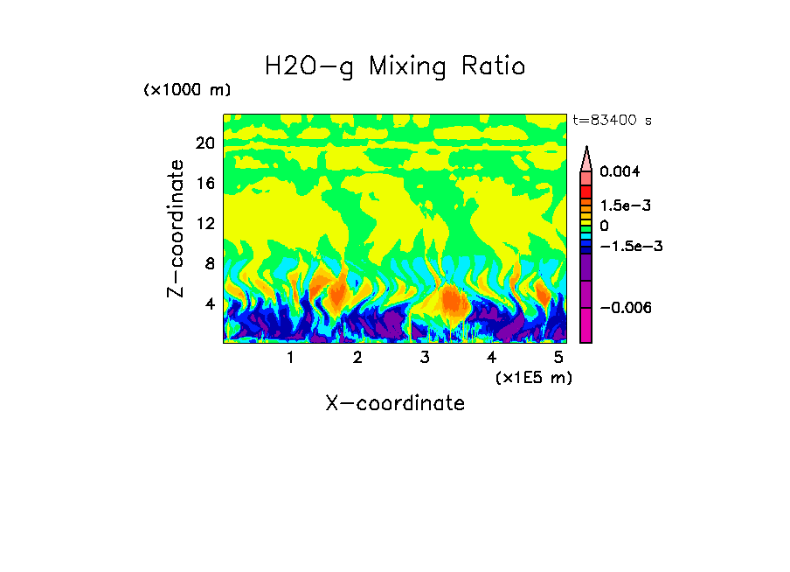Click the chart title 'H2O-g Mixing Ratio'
tap(395, 66)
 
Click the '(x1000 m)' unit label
tap(187, 91)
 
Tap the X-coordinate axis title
tap(395, 403)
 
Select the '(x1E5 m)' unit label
tap(533, 377)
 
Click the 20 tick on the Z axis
tap(204, 143)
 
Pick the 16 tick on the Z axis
tap(204, 184)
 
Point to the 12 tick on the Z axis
tap(204, 224)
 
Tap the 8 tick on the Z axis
tap(209, 264)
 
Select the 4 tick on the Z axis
tap(209, 304)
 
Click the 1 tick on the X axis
tap(290, 358)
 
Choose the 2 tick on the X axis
tap(357, 358)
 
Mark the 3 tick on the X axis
tap(425, 358)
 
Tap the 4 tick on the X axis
tap(491, 358)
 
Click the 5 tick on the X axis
tap(558, 358)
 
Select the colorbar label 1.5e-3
tap(625, 206)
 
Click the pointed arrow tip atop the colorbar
tap(586, 150)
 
